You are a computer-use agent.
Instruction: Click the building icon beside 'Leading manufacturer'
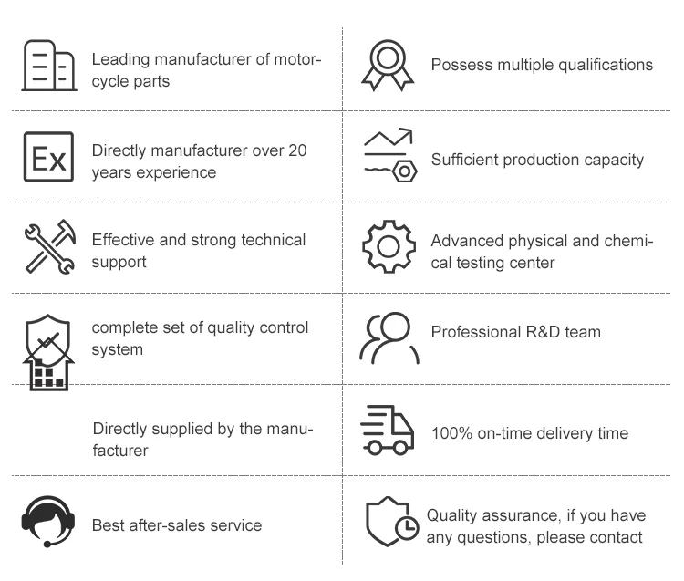48,65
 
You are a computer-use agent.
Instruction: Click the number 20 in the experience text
298,150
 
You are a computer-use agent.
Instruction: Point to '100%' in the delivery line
451,432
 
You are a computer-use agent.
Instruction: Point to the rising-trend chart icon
387,140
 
